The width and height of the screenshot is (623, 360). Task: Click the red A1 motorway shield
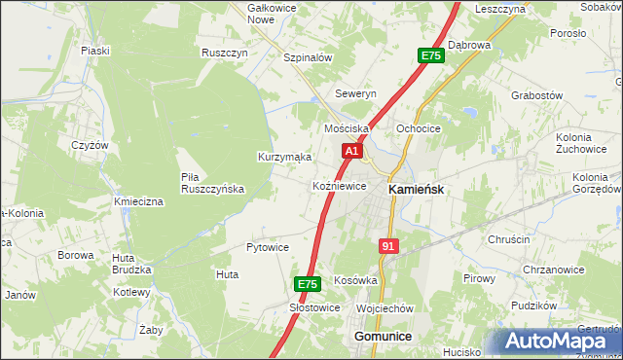coord(352,152)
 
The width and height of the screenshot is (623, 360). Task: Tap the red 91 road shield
coord(388,246)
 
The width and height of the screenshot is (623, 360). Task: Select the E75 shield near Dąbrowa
coord(431,56)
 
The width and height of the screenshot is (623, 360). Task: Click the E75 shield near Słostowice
coord(307,284)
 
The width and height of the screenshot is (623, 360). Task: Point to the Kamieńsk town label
coord(417,190)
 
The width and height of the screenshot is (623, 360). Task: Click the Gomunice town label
coord(381,336)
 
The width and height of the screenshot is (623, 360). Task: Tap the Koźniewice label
coord(339,186)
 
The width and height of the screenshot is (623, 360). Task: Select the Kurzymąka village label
coord(284,157)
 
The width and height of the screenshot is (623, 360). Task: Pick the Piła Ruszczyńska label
coord(212,183)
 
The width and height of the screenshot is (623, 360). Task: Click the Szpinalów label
coord(308,57)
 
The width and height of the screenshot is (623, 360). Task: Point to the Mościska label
coord(347,128)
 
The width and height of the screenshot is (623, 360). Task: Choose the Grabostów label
coord(537,95)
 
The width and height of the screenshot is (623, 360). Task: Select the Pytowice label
coord(268,247)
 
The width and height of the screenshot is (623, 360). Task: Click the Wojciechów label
coord(385,308)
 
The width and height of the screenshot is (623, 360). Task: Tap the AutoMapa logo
coord(557,341)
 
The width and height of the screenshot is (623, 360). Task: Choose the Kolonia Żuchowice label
coord(581,144)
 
